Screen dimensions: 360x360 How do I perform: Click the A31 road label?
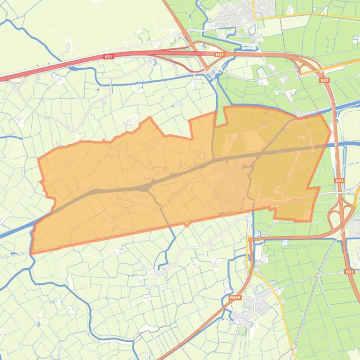tap(109, 57)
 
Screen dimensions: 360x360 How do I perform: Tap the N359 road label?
tap(235, 297)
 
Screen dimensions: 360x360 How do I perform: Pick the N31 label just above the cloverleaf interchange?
tap(339, 180)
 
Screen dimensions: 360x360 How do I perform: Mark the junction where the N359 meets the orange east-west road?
tap(251, 239)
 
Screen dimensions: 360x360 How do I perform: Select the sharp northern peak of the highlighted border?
tap(150, 118)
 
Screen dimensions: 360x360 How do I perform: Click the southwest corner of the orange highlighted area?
tap(32, 252)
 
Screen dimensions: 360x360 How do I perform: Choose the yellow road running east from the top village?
tap(309, 16)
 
